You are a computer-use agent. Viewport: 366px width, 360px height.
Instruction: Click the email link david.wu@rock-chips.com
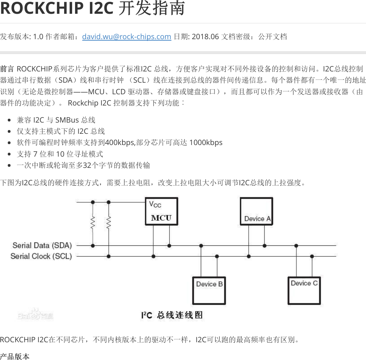click(x=126, y=37)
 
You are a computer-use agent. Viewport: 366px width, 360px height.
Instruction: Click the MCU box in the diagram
click(x=161, y=212)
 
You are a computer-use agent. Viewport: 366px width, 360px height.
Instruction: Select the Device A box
click(x=257, y=211)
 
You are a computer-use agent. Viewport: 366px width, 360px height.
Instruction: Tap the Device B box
click(x=209, y=290)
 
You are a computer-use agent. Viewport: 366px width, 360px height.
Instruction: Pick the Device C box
click(x=304, y=290)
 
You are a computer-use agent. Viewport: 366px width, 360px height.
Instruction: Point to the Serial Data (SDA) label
click(x=42, y=245)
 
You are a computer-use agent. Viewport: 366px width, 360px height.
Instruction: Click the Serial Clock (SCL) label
click(x=41, y=256)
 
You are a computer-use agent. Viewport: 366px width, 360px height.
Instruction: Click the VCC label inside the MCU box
click(x=155, y=204)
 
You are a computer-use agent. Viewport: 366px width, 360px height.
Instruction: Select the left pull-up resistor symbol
click(x=93, y=223)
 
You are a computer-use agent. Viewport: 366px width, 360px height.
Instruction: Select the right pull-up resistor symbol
click(x=109, y=223)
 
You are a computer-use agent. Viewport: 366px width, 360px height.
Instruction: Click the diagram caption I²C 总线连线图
click(x=172, y=315)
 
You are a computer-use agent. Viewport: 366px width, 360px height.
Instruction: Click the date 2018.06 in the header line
click(x=205, y=37)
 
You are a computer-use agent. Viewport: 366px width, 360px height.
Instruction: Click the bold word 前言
click(x=7, y=69)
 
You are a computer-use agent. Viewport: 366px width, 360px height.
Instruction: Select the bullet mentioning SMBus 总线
click(x=56, y=120)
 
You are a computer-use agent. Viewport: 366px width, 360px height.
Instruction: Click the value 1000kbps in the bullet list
click(x=206, y=142)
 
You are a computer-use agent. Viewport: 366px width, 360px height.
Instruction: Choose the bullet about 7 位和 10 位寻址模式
click(x=60, y=154)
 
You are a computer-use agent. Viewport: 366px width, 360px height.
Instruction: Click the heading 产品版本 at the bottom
click(x=15, y=356)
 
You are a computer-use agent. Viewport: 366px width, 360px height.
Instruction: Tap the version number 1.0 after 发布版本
click(x=38, y=37)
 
